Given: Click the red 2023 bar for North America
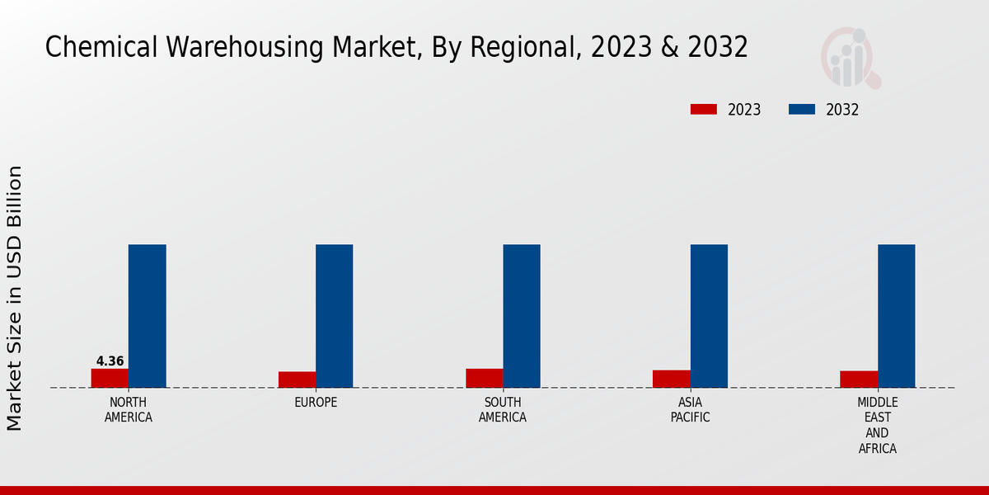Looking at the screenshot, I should [110, 378].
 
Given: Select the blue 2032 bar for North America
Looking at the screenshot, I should [148, 316].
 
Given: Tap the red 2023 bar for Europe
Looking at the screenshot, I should [297, 379].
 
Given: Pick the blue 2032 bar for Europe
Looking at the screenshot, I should [335, 316].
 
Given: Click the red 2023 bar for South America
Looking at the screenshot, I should [484, 378].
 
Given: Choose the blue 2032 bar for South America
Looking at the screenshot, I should [522, 316].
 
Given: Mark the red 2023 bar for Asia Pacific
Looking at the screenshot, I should [672, 379].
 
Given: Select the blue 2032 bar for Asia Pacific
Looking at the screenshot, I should [709, 316].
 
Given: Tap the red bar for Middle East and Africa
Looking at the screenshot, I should [859, 379].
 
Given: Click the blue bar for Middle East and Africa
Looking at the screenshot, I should [897, 316].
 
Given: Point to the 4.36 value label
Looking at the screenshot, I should [110, 361].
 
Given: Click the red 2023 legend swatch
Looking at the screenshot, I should [704, 110].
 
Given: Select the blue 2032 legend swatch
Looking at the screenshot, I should [802, 110].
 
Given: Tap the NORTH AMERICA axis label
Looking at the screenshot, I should [129, 410].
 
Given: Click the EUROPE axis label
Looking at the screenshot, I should [316, 403].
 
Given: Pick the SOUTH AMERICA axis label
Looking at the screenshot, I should [503, 410].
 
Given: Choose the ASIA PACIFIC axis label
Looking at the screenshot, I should [691, 410].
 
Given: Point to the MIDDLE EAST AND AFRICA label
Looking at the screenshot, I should [878, 426].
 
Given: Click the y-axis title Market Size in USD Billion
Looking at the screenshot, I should [15, 298].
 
